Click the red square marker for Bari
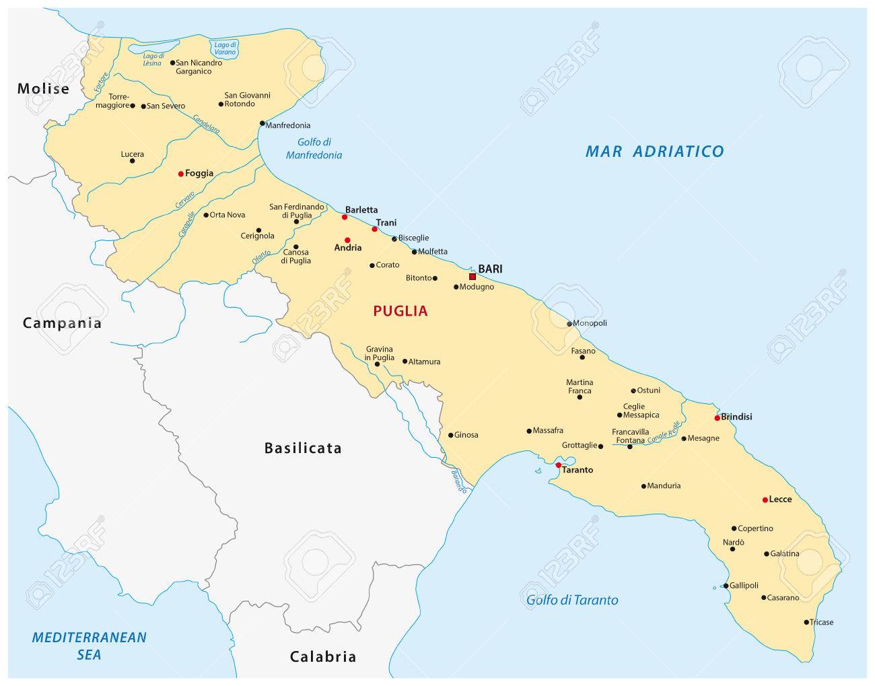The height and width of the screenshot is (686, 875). [473, 277]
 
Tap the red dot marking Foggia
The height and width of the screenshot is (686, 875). [180, 174]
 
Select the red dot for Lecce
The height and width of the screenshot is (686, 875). [765, 500]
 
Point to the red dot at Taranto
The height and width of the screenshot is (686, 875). [558, 465]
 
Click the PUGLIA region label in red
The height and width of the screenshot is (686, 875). [400, 311]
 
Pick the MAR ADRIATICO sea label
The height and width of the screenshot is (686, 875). [654, 151]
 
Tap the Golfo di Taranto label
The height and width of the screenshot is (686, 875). [572, 600]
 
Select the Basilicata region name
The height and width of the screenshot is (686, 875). [303, 448]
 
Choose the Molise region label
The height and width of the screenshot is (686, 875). [44, 88]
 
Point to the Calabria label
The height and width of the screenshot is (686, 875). [323, 656]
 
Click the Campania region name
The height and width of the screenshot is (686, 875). [62, 323]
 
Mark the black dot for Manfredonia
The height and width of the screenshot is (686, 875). [262, 123]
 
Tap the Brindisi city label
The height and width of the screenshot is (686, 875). [737, 417]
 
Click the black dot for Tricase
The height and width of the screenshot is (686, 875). [806, 622]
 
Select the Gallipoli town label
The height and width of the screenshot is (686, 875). [745, 586]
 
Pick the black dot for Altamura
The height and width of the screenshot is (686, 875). [405, 362]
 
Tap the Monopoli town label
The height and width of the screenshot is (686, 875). [590, 323]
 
